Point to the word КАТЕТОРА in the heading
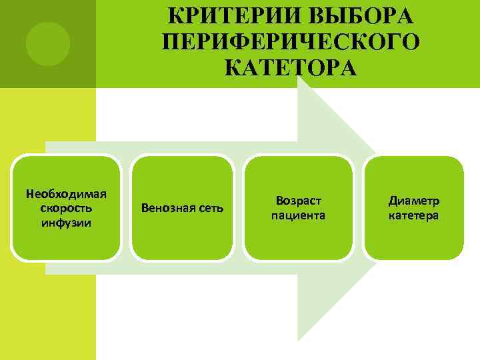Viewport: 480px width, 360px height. (x=291, y=68)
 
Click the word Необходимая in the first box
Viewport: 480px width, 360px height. (x=66, y=194)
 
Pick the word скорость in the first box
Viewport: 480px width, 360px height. (x=66, y=208)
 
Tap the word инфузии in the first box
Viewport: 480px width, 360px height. (x=66, y=222)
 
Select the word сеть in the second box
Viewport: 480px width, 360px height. (x=211, y=209)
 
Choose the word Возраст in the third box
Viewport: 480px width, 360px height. (x=298, y=201)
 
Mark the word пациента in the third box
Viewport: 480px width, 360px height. (x=298, y=215)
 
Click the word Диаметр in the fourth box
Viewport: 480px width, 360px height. (x=413, y=201)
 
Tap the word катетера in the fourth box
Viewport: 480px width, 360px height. (x=413, y=215)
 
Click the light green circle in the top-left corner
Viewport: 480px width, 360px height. (x=47, y=43)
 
